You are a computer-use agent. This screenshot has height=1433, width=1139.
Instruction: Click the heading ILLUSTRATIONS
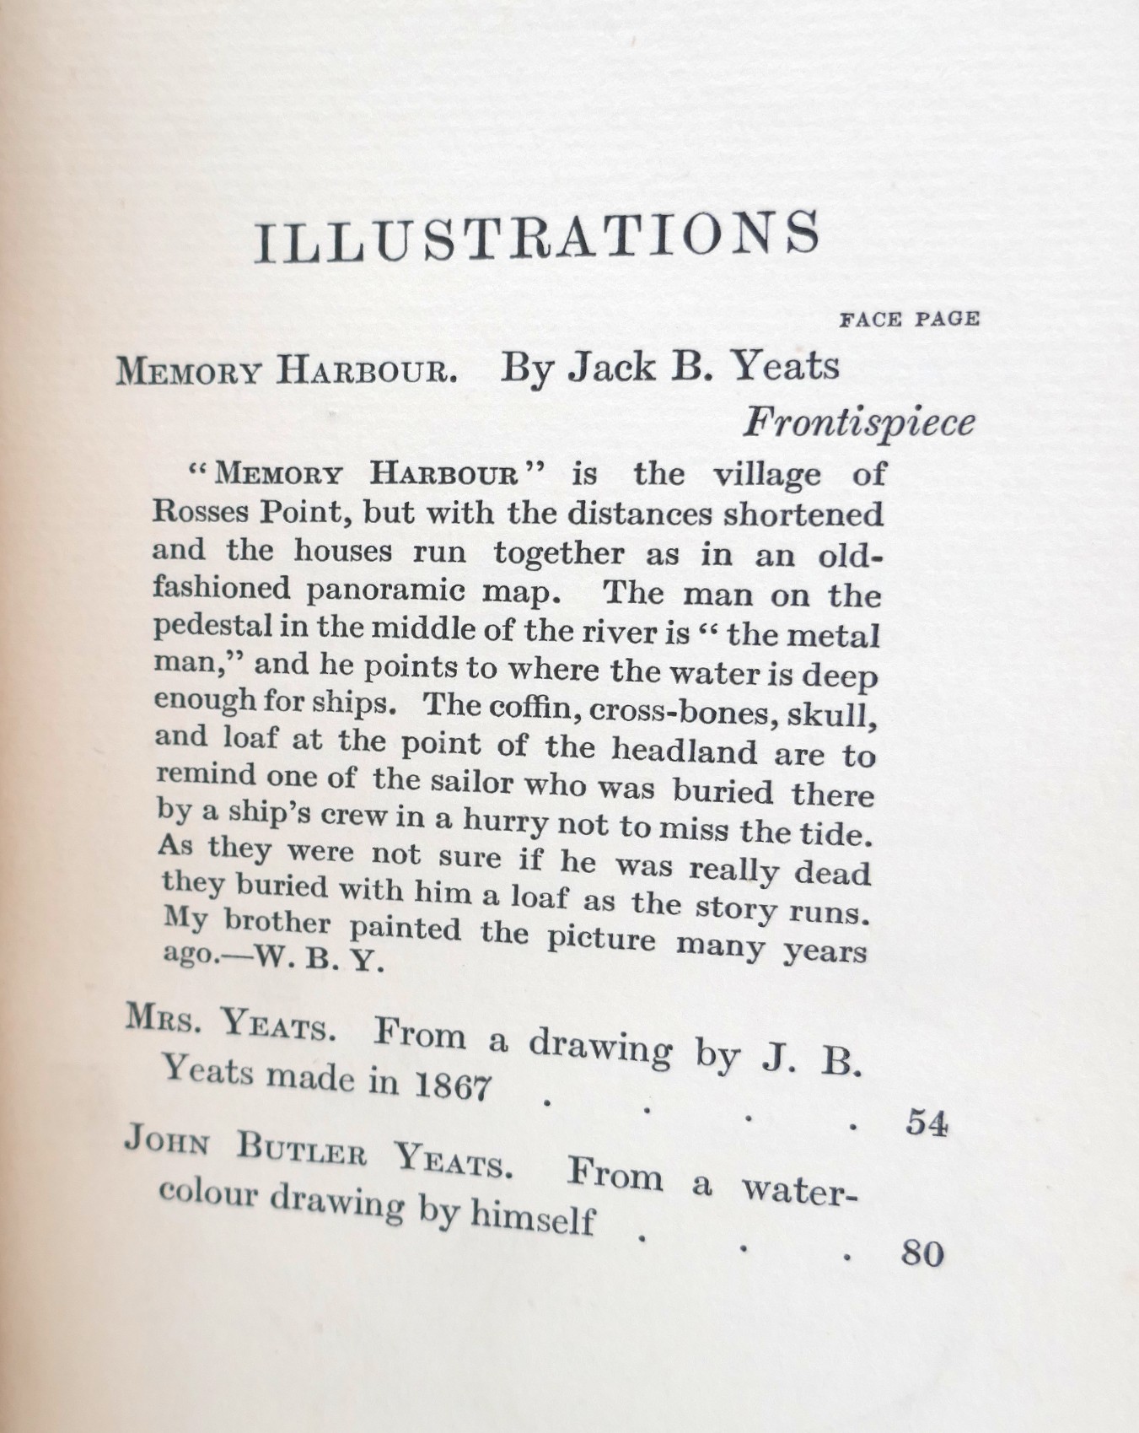click(x=537, y=236)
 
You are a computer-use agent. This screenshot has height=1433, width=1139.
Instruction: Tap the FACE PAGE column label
click(x=909, y=320)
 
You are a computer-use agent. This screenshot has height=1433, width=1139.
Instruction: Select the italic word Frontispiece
click(x=857, y=423)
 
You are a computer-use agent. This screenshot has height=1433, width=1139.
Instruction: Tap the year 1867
click(x=452, y=1086)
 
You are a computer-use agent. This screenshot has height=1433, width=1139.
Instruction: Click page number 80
click(x=922, y=1253)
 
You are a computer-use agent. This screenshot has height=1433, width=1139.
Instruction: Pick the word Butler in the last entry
click(x=302, y=1150)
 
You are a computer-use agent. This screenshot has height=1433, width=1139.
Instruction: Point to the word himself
click(x=532, y=1217)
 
